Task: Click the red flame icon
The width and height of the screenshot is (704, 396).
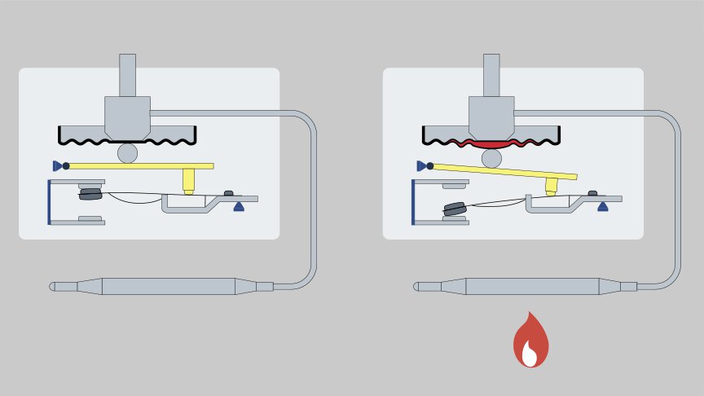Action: point(530,341)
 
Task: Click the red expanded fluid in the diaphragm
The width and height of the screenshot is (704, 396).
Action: point(491,144)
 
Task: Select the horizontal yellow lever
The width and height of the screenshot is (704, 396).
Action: point(139,165)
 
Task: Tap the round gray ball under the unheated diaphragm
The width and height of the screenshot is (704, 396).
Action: point(127,152)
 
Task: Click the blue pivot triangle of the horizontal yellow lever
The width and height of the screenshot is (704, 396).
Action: point(57,165)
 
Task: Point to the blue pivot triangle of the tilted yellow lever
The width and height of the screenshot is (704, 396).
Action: point(421,165)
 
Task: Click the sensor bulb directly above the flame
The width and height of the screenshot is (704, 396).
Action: point(533,287)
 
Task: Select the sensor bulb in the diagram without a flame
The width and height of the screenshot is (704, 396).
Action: point(169,287)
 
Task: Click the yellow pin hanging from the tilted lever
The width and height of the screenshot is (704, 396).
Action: point(552,186)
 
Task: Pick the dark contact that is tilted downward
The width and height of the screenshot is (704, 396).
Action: point(455,209)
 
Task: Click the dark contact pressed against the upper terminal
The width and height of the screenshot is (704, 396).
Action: point(90,195)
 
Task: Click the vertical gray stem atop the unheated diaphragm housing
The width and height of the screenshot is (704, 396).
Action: point(127,75)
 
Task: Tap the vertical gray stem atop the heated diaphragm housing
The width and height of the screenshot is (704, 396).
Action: point(491,75)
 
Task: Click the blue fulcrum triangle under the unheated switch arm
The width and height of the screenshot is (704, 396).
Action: point(239,207)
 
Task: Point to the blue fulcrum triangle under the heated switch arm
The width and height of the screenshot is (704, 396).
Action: point(603,207)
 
